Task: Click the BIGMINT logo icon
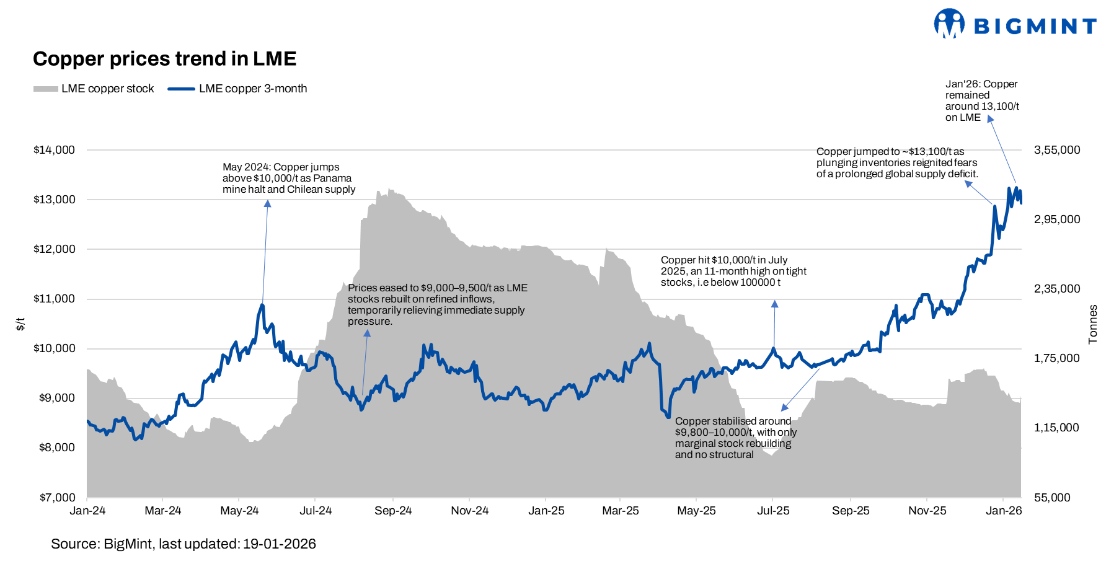pyautogui.click(x=949, y=24)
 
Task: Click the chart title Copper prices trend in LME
pyautogui.click(x=164, y=59)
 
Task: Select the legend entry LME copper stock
pyautogui.click(x=94, y=89)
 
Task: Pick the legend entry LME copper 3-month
pyautogui.click(x=237, y=89)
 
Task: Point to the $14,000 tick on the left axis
pyautogui.click(x=54, y=150)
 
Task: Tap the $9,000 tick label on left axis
pyautogui.click(x=56, y=398)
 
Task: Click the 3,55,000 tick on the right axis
pyautogui.click(x=1056, y=150)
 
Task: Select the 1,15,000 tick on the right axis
pyautogui.click(x=1056, y=428)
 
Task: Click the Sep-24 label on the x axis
pyautogui.click(x=393, y=511)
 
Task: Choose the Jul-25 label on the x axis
pyautogui.click(x=773, y=511)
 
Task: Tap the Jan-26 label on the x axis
pyautogui.click(x=1004, y=511)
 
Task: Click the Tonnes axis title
pyautogui.click(x=1093, y=324)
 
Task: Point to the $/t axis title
pyautogui.click(x=20, y=324)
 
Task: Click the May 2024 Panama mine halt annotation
pyautogui.click(x=289, y=179)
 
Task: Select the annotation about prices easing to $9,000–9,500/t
pyautogui.click(x=437, y=304)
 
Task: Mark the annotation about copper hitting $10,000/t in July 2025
pyautogui.click(x=733, y=271)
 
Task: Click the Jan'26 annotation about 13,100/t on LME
pyautogui.click(x=981, y=100)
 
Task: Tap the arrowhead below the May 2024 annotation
pyautogui.click(x=267, y=203)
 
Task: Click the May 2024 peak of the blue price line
pyautogui.click(x=262, y=305)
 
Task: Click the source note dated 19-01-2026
pyautogui.click(x=184, y=544)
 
